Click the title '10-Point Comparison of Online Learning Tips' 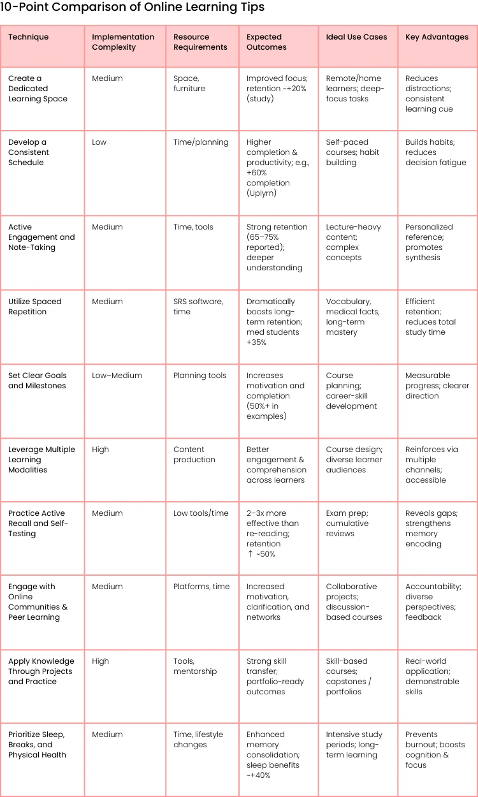133,8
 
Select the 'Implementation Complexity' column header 123,42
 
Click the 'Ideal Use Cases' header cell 356,37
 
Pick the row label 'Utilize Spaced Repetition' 35,307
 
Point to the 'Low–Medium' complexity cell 117,376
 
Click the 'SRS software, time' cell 198,307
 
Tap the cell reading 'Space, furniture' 189,84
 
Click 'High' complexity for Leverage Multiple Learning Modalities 101,450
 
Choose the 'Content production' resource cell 194,455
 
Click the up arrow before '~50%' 250,554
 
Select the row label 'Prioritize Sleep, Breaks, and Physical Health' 37,745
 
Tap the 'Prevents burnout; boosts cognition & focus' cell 435,750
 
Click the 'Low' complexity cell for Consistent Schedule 99,142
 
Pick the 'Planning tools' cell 199,376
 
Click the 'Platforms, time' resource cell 201,587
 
